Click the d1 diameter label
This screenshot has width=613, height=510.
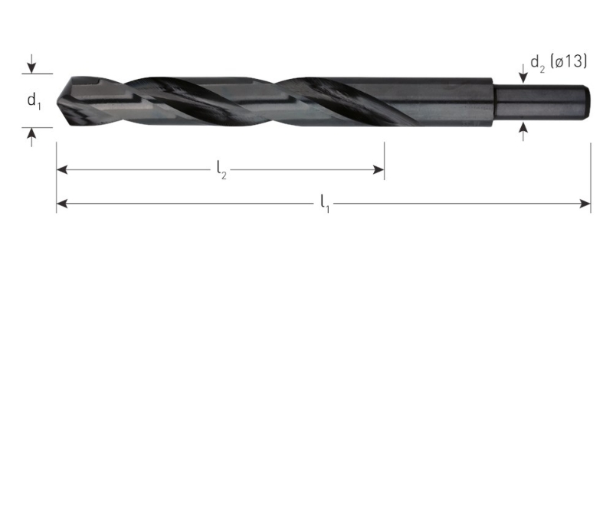34,100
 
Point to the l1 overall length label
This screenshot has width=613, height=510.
324,204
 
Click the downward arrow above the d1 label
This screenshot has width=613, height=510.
31,66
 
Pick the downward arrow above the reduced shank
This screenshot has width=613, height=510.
523,74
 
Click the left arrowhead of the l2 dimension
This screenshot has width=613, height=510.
62,169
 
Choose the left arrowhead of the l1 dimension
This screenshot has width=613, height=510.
62,204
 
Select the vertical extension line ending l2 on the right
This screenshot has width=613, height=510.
384,157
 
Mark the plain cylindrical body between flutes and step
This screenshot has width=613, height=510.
452,100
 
